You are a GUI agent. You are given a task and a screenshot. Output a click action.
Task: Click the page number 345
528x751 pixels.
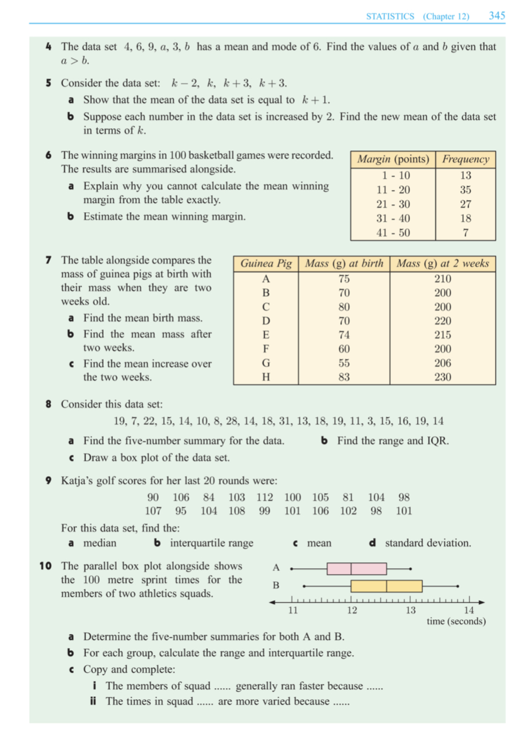(x=496, y=16)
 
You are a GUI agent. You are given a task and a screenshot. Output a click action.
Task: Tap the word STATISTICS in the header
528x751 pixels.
(x=390, y=17)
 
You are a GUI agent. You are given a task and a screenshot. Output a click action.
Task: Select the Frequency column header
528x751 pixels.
(x=465, y=159)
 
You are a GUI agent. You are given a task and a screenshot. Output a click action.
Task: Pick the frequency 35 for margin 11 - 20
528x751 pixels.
(x=465, y=190)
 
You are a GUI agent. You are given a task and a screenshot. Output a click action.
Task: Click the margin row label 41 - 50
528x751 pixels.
(x=393, y=232)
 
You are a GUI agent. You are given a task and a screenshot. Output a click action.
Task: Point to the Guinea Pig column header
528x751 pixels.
(x=266, y=263)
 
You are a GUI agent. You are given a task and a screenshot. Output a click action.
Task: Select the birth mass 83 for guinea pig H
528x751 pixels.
(x=344, y=377)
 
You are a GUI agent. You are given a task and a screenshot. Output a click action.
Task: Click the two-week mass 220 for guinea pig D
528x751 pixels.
(x=442, y=321)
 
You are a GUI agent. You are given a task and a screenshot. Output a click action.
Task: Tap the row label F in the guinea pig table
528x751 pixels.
(x=266, y=349)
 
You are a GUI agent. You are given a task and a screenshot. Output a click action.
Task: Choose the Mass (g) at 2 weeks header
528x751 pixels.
(x=442, y=263)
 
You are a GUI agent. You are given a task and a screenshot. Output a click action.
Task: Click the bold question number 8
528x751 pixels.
(x=48, y=404)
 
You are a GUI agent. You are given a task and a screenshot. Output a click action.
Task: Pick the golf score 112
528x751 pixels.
(x=264, y=497)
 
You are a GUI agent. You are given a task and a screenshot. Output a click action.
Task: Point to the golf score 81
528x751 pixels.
(x=348, y=497)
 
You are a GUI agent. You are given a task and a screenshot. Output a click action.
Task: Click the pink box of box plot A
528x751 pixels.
(x=356, y=568)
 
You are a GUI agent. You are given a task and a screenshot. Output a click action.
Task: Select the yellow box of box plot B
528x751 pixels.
(x=386, y=586)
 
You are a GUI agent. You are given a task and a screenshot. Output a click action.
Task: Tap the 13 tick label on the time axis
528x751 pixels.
(x=410, y=610)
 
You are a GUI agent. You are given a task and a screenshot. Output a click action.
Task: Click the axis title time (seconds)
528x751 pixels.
(x=456, y=621)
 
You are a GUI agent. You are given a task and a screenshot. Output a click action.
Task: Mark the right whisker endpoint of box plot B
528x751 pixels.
(x=458, y=586)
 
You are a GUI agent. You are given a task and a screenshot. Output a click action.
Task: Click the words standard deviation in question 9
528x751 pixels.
(x=427, y=543)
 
